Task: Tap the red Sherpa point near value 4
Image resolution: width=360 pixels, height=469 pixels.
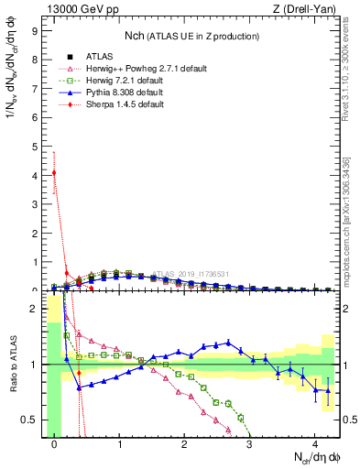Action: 55,172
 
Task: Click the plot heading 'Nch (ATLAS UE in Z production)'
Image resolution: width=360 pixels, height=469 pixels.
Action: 192,35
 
